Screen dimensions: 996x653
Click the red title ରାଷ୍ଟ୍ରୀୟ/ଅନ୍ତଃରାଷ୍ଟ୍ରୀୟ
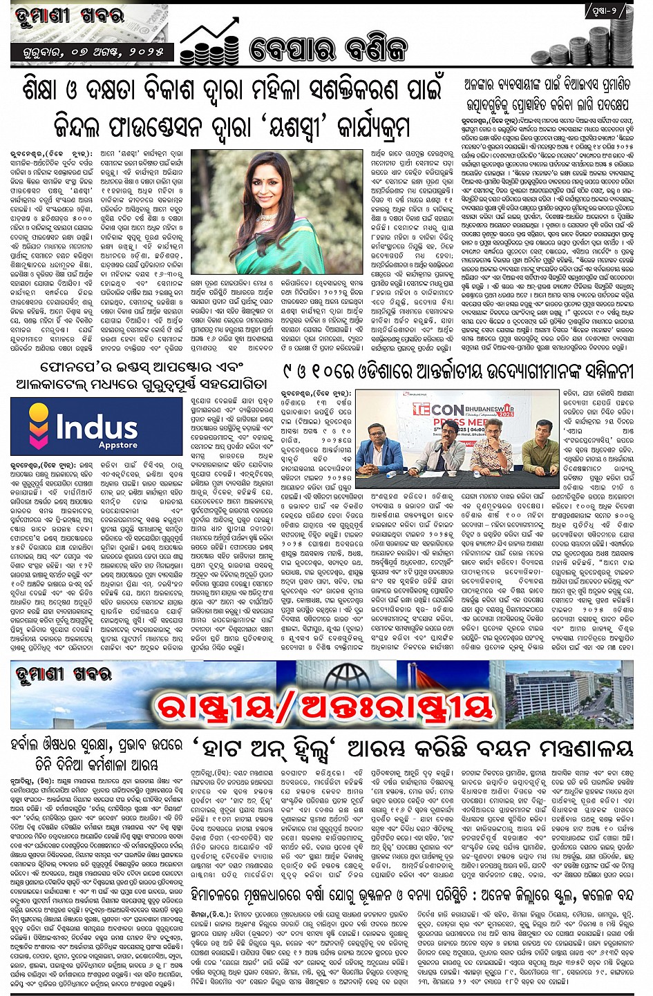(x=325, y=705)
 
